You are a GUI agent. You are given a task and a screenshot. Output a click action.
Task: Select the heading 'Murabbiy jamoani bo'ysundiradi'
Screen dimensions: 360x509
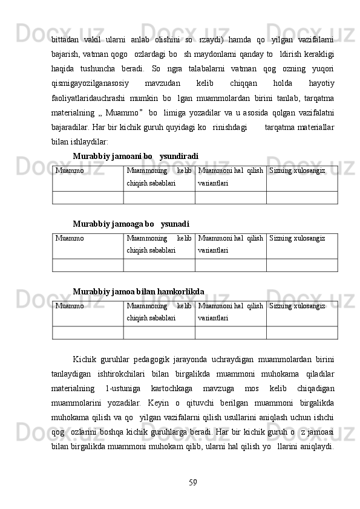[x=135, y=156]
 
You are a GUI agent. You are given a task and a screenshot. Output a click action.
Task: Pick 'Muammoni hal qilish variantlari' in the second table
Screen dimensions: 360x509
[x=231, y=243]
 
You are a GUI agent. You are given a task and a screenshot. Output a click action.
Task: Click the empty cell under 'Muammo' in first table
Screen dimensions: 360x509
[x=88, y=198]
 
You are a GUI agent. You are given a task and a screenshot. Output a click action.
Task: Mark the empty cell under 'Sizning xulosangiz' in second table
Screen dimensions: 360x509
[x=301, y=265]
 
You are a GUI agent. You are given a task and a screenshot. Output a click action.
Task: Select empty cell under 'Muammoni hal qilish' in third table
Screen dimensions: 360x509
[x=231, y=333]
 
